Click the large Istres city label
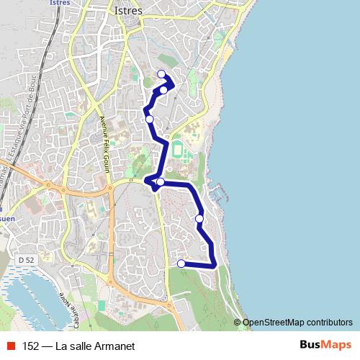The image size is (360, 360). [129, 11]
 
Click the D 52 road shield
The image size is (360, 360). [26, 259]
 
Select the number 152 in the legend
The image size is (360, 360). [31, 346]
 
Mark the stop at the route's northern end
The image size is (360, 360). [161, 74]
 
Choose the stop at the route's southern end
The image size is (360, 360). [181, 264]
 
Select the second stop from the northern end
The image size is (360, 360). [164, 89]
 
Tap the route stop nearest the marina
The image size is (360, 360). [199, 218]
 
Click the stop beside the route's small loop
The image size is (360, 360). [160, 181]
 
